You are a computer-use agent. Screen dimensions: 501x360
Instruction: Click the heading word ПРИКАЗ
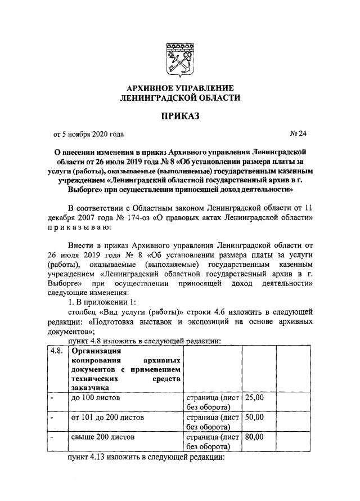(180, 117)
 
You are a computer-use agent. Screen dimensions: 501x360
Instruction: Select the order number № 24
(296, 134)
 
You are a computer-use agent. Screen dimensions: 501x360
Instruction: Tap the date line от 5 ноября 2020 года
(88, 134)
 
